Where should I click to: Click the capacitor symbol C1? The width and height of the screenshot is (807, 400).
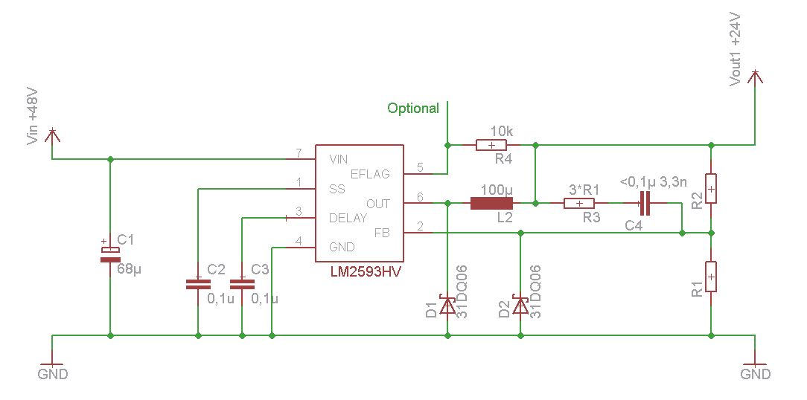click(x=109, y=254)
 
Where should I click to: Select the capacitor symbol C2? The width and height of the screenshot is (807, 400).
click(x=198, y=283)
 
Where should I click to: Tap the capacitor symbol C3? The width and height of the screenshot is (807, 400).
click(x=242, y=283)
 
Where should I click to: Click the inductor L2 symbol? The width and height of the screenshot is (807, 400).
click(x=492, y=204)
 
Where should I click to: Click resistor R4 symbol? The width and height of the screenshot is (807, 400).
click(x=491, y=145)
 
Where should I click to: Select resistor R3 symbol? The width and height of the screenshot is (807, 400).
click(x=579, y=204)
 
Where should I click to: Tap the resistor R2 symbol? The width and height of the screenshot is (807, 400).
click(x=711, y=189)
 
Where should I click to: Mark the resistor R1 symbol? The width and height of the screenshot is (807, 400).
click(x=711, y=277)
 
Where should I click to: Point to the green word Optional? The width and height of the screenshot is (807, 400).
click(x=413, y=109)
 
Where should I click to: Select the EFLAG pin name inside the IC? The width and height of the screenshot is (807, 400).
click(x=370, y=174)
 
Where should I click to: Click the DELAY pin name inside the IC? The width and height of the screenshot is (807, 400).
click(x=348, y=218)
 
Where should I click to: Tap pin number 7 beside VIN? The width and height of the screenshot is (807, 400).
click(x=298, y=153)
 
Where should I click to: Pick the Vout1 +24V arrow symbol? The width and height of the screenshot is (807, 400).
click(x=754, y=77)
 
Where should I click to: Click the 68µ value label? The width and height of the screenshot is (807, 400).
click(x=130, y=269)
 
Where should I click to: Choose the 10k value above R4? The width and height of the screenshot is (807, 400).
click(x=501, y=131)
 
